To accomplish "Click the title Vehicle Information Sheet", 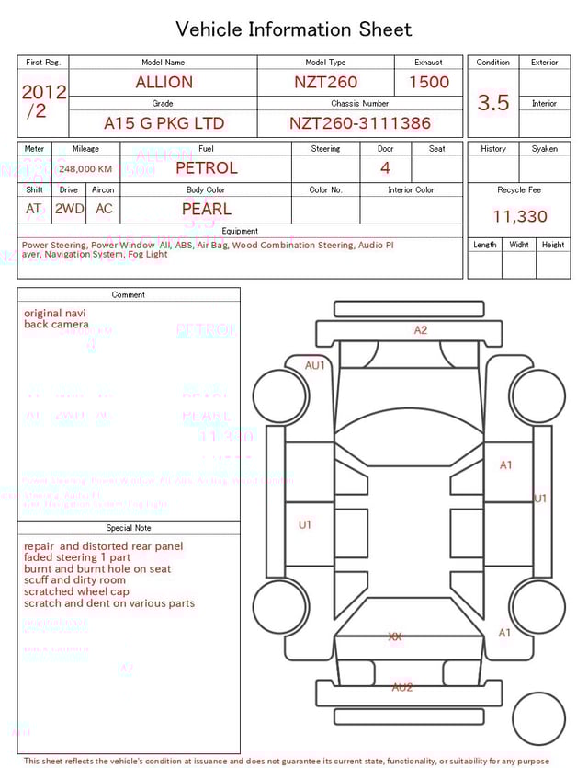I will [x=294, y=29].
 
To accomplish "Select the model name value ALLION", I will [x=164, y=82].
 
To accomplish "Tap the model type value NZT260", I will [x=325, y=82].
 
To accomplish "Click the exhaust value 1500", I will [x=429, y=82].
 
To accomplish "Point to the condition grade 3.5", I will [x=492, y=103].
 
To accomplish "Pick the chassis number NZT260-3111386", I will [x=359, y=123].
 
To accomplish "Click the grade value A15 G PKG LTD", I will [x=164, y=123].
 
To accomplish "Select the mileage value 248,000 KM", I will [x=85, y=169].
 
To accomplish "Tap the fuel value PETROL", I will [x=206, y=168].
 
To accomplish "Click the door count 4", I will [x=385, y=168].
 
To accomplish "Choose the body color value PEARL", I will [x=206, y=209].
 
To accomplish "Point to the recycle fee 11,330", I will [x=519, y=217].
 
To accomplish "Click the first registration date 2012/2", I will [x=43, y=101].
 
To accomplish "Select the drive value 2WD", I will [x=69, y=209].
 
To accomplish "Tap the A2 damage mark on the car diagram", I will [x=420, y=330].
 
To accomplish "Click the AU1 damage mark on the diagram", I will [x=315, y=365].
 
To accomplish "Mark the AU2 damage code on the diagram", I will [x=401, y=687].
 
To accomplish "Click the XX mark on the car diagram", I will [x=395, y=636].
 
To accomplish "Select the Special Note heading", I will [x=129, y=528].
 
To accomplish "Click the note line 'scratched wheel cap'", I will [x=77, y=592].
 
